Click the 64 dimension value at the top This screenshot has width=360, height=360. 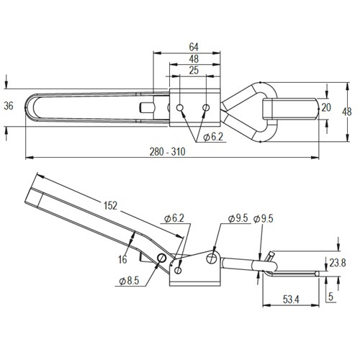[194, 47]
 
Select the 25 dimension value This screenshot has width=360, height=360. [193, 70]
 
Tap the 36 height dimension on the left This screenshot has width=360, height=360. [9, 106]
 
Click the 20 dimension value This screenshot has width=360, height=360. [326, 107]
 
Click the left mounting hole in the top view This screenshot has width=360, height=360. [180, 108]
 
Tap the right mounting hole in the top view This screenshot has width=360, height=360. [206, 108]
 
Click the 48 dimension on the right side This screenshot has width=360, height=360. [346, 112]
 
